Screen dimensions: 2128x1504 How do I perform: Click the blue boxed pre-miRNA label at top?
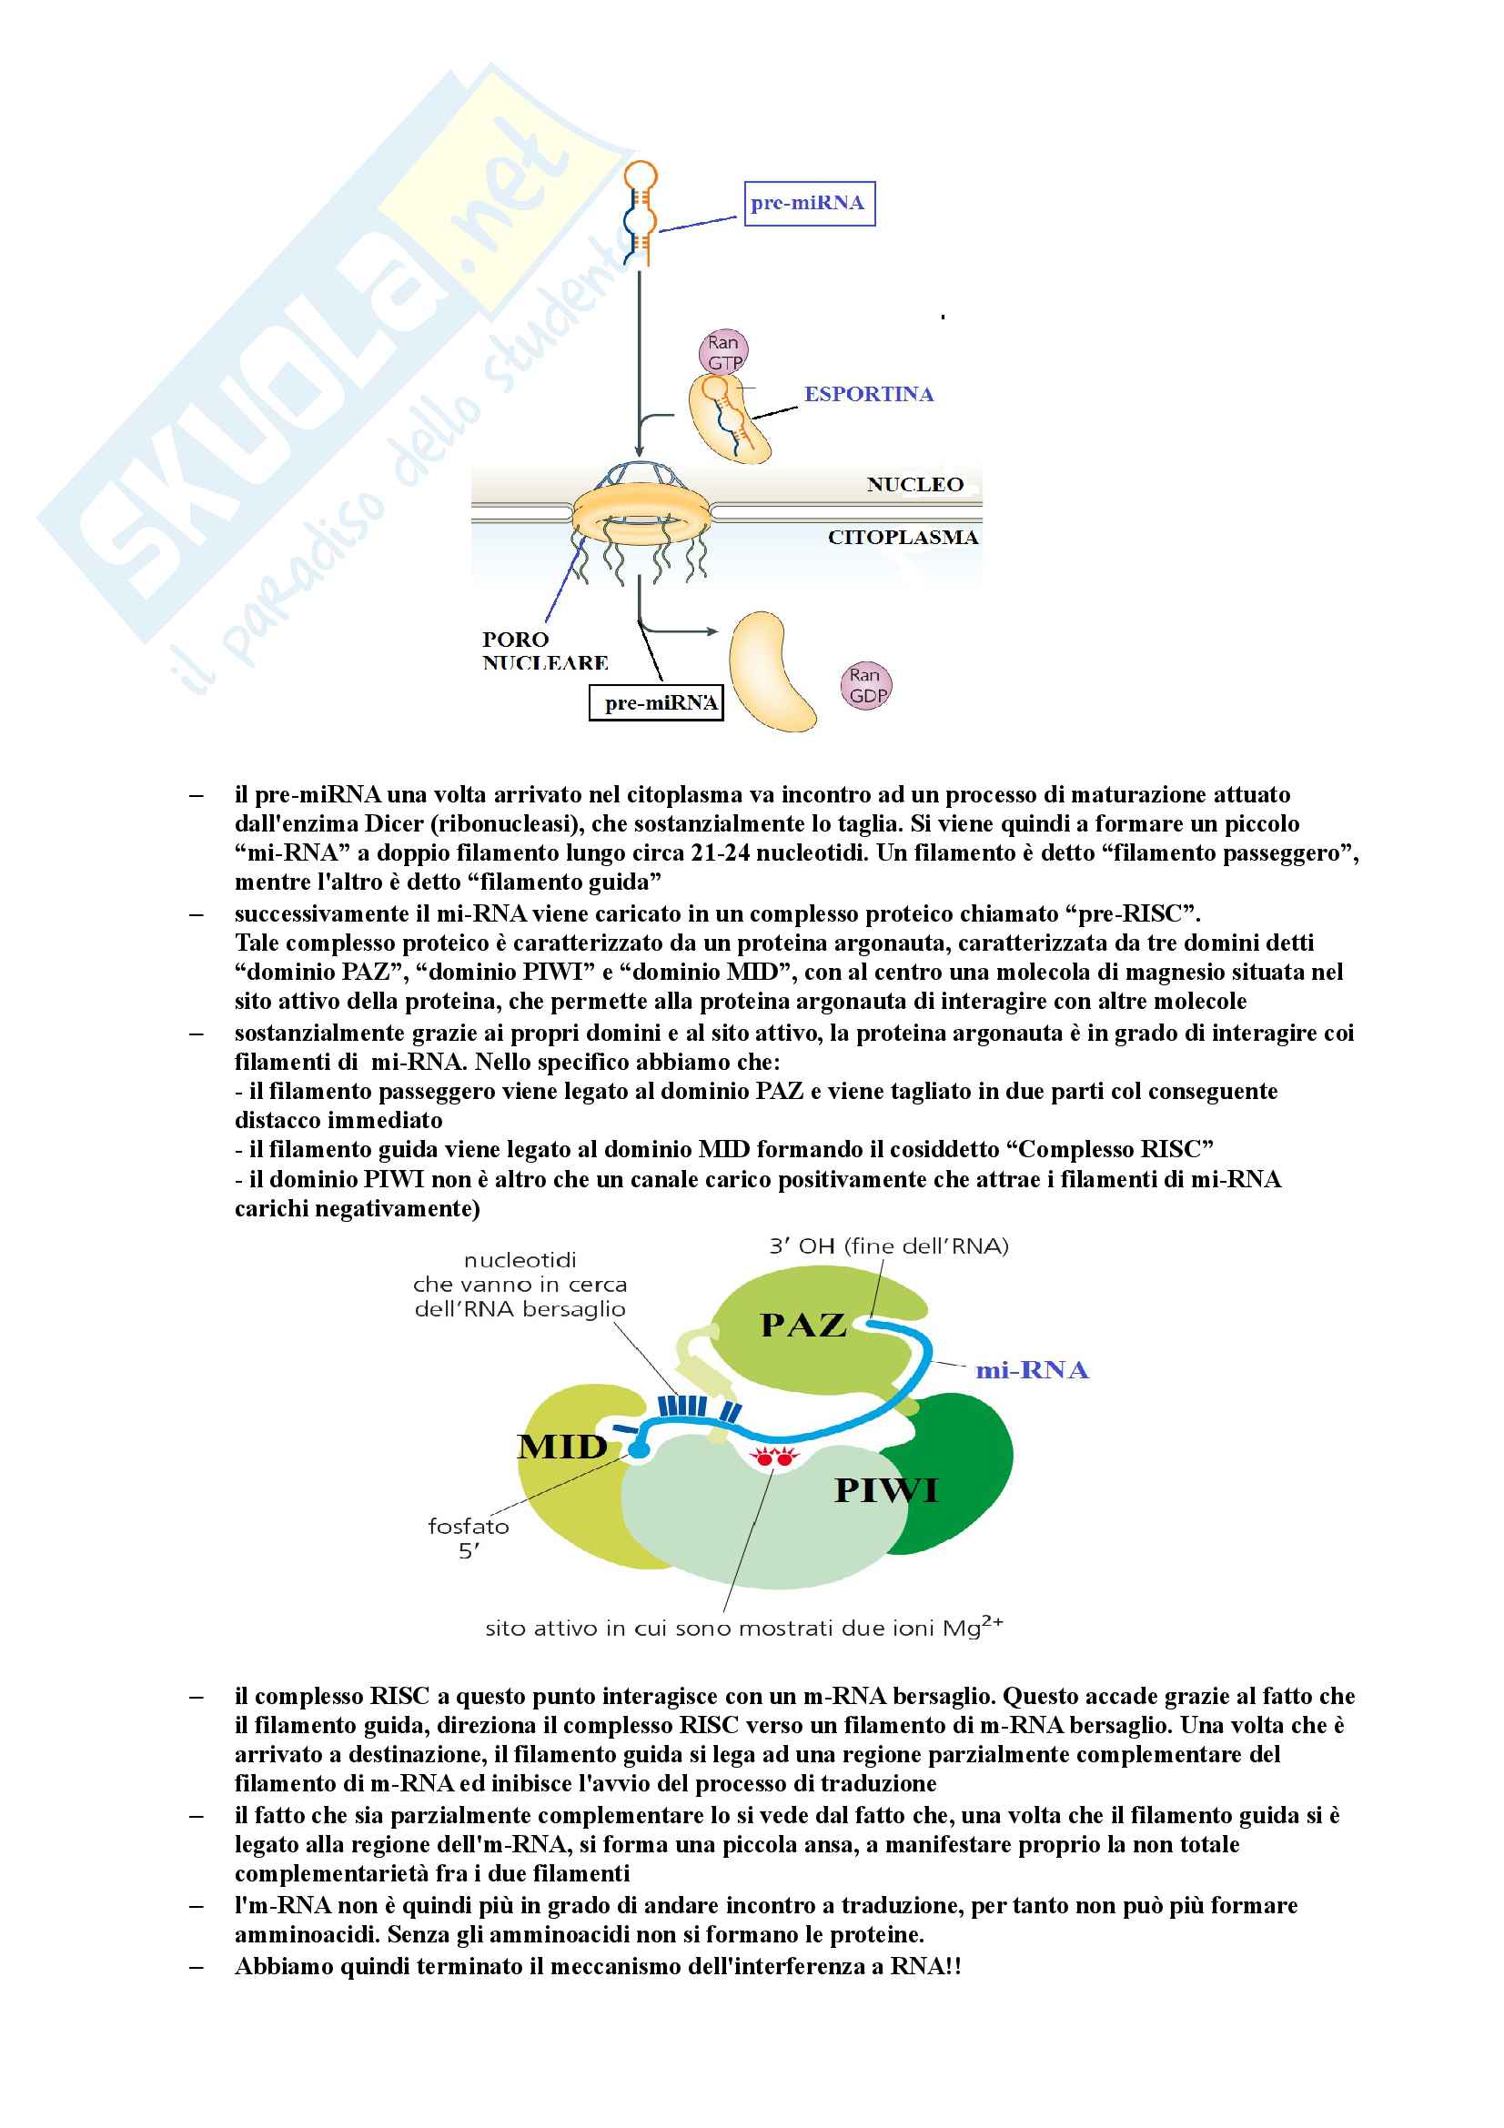[808, 203]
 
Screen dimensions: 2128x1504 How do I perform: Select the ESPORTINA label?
[868, 394]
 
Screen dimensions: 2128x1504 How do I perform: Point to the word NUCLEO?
[914, 485]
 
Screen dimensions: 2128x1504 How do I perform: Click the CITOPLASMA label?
[903, 538]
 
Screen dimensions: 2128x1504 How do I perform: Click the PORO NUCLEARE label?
[544, 651]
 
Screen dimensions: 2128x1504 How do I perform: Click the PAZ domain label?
[802, 1326]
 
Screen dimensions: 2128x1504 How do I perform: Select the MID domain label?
[562, 1447]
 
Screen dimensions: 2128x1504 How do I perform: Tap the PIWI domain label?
[886, 1490]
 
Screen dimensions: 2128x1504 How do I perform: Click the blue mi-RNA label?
[1032, 1371]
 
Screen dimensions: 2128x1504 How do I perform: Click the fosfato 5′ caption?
[468, 1538]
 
